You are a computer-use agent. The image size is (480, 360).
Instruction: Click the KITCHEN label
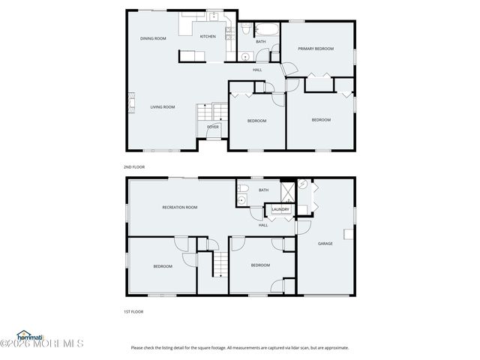coord(208,36)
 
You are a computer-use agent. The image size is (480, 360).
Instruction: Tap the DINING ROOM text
coord(153,38)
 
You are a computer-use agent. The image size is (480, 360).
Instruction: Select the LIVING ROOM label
coord(162,107)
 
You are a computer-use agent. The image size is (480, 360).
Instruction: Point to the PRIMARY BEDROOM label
coord(315,49)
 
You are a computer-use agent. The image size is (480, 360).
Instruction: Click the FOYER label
coord(213,127)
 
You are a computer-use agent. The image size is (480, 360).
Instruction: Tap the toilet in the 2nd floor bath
coord(245,31)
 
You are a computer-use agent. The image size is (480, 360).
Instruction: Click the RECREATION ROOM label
coord(180,207)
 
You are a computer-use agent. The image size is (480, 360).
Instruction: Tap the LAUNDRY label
coord(280,210)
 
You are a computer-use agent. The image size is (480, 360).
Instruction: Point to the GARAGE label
coord(325,243)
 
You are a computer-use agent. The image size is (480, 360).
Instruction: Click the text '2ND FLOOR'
coord(133,166)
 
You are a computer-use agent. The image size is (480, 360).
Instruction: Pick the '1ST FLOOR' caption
coord(133,311)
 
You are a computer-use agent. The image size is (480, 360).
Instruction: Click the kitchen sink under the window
coord(213,16)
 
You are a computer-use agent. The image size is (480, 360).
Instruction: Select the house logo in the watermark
coord(23,334)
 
